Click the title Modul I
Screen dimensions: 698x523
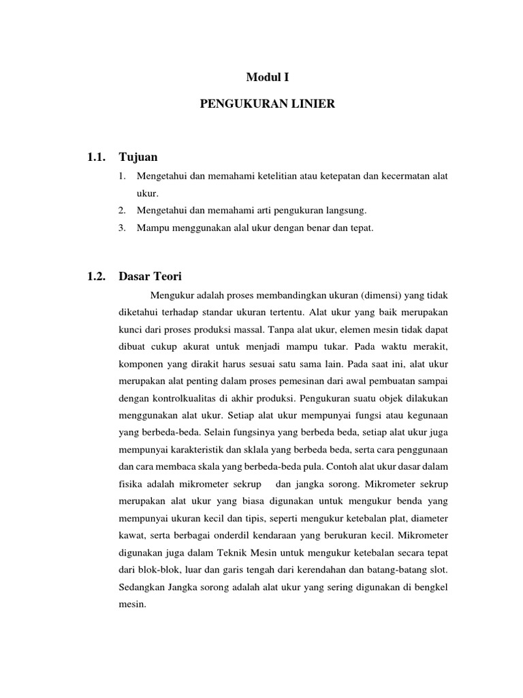click(x=263, y=78)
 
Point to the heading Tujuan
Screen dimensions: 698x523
click(x=138, y=157)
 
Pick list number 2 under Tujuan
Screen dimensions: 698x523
click(x=123, y=211)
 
